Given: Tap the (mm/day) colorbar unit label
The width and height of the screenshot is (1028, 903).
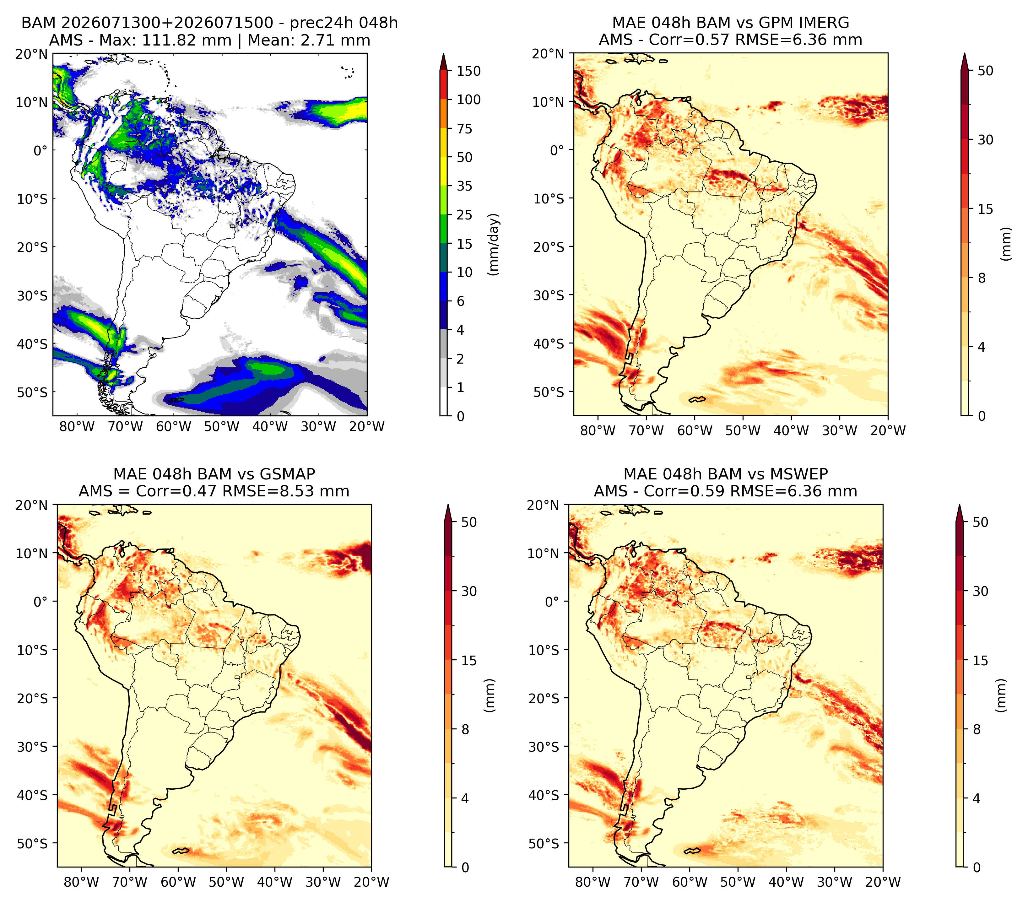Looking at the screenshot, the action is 495,244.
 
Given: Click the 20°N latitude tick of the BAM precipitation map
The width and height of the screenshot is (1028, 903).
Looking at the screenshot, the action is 32,54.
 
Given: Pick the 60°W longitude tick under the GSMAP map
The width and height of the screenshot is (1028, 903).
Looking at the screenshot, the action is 179,882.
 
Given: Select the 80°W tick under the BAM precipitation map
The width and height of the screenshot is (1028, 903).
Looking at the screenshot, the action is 77,427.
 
